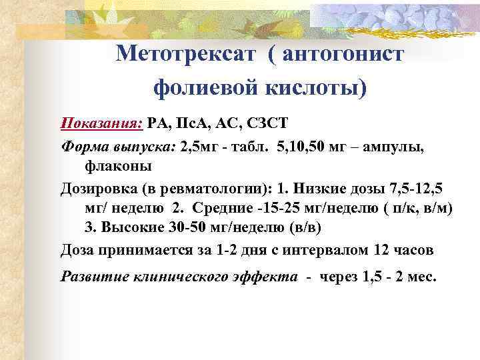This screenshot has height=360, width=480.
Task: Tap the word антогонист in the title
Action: tap(343, 54)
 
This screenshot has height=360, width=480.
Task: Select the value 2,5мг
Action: tap(199, 145)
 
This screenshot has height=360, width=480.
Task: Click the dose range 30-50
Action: tap(187, 229)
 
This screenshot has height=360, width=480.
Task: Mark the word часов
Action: tap(413, 250)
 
